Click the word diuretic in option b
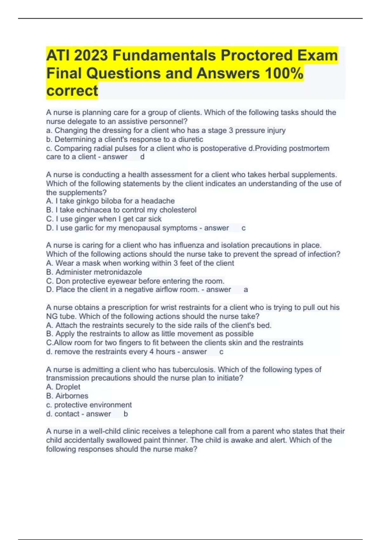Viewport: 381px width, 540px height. click(x=190, y=139)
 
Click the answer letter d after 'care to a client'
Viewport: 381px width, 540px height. click(x=142, y=157)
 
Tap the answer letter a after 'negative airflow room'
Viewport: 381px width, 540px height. click(x=245, y=290)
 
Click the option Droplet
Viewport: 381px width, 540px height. click(x=68, y=387)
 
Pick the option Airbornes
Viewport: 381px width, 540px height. click(x=72, y=396)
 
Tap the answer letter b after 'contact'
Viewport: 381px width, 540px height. click(x=126, y=414)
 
